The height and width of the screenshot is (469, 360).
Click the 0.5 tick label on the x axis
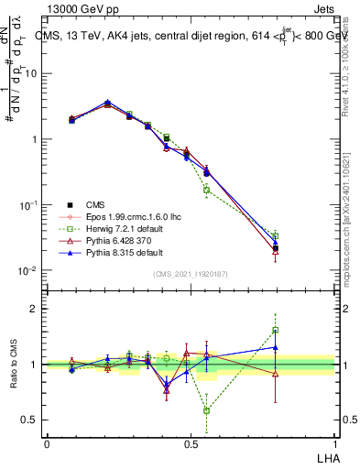coord(191,442)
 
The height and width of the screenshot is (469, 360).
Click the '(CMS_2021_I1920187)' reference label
coord(191,274)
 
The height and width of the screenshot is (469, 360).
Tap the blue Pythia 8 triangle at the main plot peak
coord(108,103)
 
